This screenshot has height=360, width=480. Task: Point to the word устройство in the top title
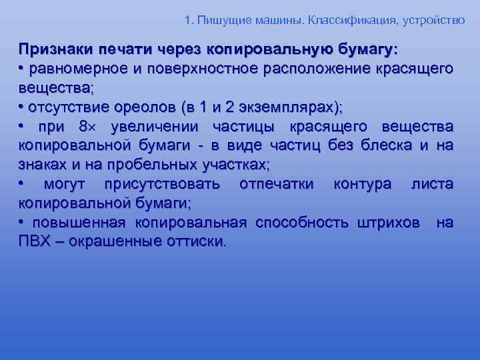431,20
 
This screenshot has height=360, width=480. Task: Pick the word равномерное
73,69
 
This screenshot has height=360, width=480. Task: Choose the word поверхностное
197,69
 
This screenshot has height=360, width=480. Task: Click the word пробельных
145,165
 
